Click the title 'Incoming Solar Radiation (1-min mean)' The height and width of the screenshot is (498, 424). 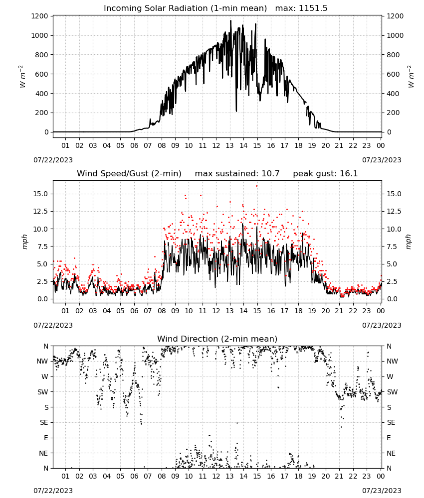185,8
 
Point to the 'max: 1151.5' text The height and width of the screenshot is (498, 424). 301,8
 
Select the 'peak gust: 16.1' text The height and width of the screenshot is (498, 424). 325,174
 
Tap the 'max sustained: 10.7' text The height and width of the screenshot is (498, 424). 237,174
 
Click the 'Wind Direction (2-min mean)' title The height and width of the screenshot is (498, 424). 217,339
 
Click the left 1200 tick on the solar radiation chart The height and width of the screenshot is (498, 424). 39,16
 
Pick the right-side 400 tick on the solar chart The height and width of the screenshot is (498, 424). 393,94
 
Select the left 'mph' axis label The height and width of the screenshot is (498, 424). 24,242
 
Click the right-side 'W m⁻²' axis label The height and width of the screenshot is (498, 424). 411,77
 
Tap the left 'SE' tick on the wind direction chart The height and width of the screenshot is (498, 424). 44,422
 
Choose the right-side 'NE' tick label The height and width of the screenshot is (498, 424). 391,453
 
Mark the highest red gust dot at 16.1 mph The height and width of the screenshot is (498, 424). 257,186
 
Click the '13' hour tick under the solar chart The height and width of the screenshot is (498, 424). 229,145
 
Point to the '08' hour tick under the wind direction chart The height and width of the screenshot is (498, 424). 162,476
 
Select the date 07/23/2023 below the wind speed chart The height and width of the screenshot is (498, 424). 382,325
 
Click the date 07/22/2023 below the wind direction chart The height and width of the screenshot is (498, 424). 53,491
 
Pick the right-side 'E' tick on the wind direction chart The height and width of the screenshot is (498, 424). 389,438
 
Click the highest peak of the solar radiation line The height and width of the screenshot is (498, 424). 230,21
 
